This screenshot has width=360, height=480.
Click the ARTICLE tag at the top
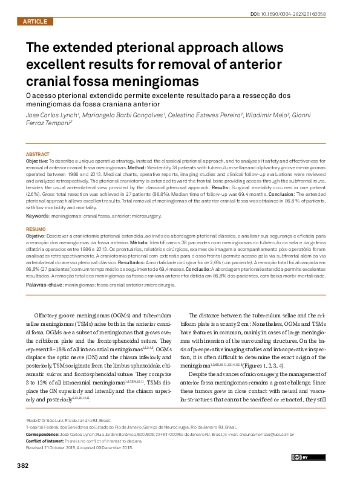coord(34,22)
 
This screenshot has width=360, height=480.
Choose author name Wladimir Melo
coord(268,114)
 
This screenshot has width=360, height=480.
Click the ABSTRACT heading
coord(38,155)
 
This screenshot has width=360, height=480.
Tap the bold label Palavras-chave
coord(44,284)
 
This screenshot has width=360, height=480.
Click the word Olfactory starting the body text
coord(50,316)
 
